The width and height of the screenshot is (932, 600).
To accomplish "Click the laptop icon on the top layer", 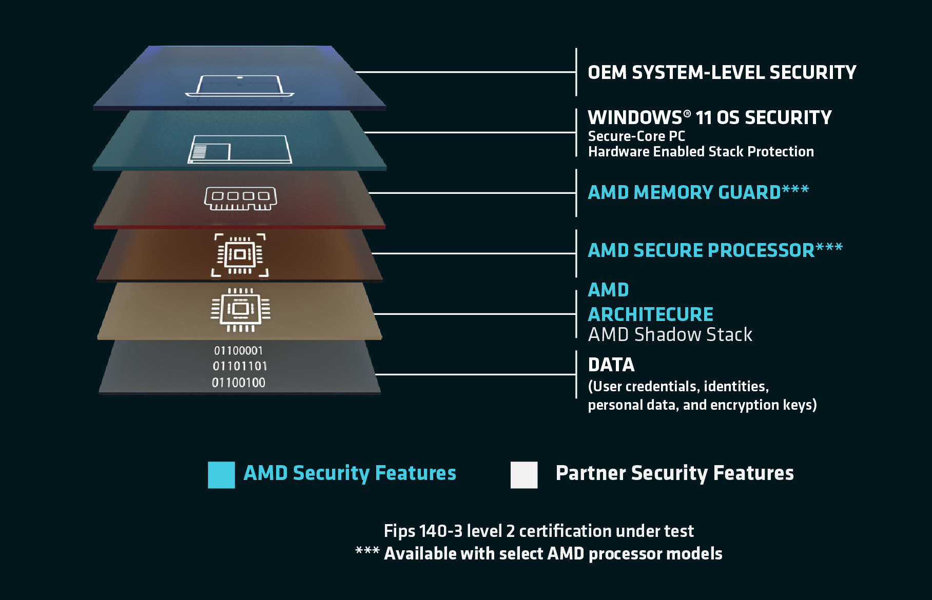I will [239, 86].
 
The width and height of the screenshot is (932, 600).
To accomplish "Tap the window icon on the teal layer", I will [240, 149].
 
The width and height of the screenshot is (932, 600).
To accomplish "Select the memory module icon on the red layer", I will [240, 198].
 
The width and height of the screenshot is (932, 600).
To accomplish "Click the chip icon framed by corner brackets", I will [240, 255].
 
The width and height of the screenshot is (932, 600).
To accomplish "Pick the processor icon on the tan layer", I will [240, 309].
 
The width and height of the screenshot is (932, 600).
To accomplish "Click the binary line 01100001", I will [238, 351].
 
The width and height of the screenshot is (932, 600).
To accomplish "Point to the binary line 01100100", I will [238, 383].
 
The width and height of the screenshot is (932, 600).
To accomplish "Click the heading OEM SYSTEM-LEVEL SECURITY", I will [722, 73].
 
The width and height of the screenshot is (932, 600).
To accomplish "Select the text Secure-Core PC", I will [636, 136].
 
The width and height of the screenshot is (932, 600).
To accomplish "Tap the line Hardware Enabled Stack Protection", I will [701, 152].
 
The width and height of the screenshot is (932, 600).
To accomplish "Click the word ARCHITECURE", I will [650, 314].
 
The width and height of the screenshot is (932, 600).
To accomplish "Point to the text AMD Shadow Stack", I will [670, 335].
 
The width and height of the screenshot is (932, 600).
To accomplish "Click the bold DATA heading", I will [611, 365].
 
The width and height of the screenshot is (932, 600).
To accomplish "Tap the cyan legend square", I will [221, 475].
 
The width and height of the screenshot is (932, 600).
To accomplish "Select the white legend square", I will [524, 475].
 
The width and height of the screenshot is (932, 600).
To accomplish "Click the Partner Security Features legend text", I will [674, 473].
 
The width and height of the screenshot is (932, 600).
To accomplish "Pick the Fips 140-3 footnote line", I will [538, 531].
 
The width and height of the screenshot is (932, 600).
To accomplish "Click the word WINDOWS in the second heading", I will [635, 118].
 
